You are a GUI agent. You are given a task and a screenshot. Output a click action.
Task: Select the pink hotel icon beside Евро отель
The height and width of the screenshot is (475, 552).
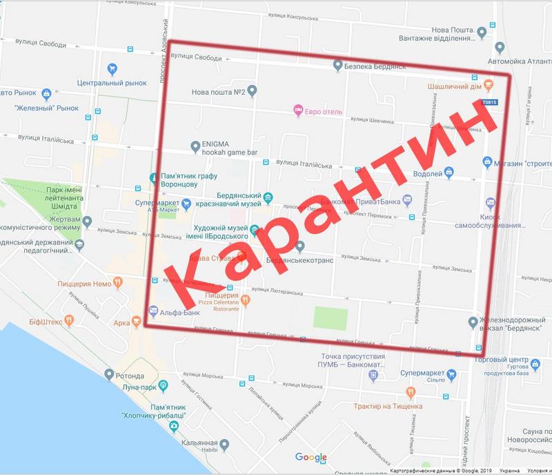pos(298,109)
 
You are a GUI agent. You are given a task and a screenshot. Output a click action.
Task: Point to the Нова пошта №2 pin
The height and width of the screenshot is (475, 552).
pos(253,90)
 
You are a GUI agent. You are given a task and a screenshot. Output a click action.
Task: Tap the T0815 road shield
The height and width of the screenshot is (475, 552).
pos(489,101)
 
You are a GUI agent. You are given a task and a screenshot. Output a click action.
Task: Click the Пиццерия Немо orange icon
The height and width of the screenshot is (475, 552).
pos(118,281)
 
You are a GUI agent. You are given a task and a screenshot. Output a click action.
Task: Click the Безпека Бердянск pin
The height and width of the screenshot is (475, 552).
pos(337,66)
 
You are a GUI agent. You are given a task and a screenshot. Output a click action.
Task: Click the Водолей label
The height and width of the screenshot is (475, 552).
pos(428,174)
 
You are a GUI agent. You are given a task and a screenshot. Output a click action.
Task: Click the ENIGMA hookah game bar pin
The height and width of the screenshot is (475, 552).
pos(195,145)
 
